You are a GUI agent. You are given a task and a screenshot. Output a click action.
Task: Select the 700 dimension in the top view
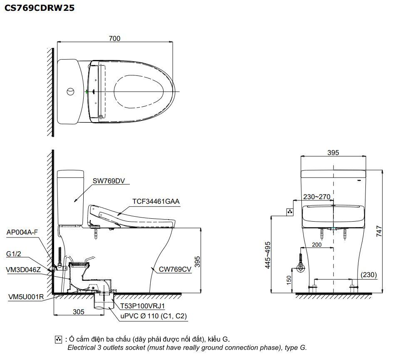[114, 38]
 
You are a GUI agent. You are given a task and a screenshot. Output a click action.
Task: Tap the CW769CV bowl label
[175, 269]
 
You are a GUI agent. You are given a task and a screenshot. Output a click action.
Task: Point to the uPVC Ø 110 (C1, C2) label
[154, 316]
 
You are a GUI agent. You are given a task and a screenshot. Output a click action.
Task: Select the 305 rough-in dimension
[78, 311]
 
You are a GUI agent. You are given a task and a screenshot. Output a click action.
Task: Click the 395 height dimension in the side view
[198, 261]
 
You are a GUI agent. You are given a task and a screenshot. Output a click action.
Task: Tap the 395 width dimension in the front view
[333, 152]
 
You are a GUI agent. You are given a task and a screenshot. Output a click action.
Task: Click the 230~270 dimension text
[317, 197]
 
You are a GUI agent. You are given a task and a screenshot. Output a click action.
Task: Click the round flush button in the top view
[71, 91]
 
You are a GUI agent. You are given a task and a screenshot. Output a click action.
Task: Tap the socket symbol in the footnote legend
[58, 340]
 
